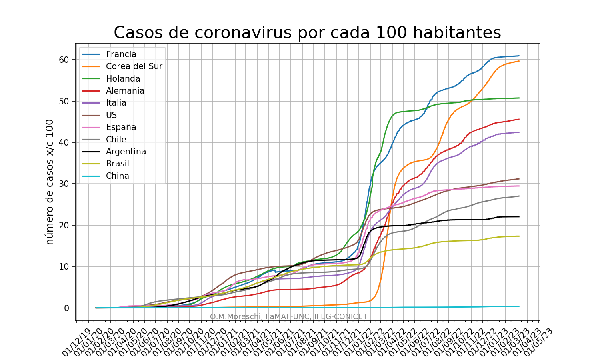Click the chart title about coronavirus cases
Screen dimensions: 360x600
[307, 33]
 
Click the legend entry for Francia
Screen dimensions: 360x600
[121, 54]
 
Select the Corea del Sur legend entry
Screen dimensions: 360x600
[134, 66]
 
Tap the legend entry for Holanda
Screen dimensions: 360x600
[123, 79]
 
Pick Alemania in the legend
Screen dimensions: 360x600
[125, 91]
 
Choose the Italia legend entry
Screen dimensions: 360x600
[116, 103]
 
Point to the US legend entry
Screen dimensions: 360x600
[111, 115]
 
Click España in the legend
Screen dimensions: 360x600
[121, 127]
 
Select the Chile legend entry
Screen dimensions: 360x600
[116, 140]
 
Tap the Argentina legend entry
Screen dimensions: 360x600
[126, 152]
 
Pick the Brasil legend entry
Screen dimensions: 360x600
[117, 164]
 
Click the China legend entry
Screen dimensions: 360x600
[117, 176]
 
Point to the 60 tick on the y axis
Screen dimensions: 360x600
[64, 60]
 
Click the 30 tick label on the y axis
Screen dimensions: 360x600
[64, 184]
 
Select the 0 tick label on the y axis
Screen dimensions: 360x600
[66, 308]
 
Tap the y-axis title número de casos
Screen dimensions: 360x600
[50, 182]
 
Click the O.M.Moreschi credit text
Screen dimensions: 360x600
[288, 317]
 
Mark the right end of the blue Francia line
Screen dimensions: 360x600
[519, 56]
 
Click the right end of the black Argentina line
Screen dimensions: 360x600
[519, 217]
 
